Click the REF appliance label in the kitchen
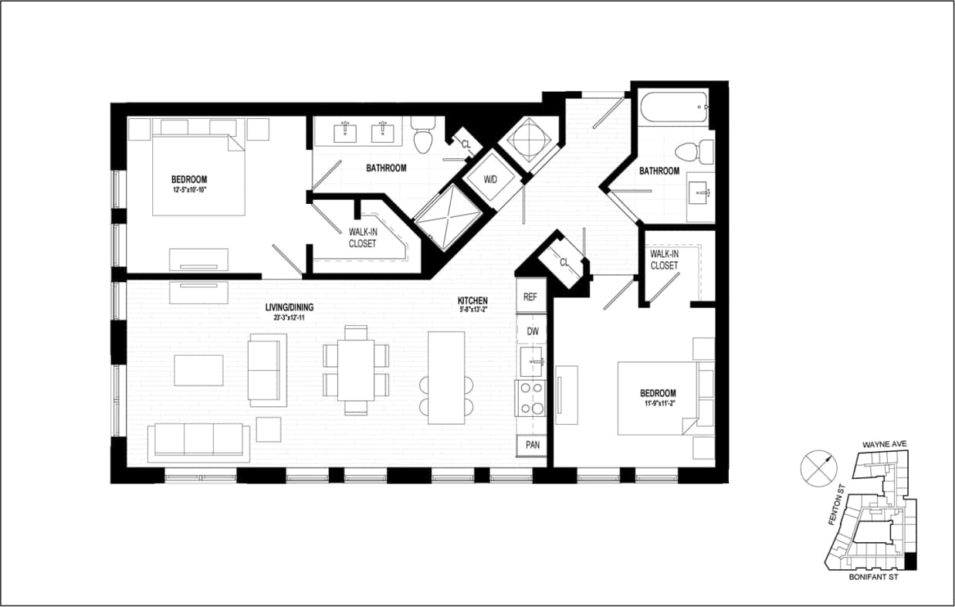(530, 297)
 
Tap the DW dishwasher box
(531, 331)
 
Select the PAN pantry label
(531, 445)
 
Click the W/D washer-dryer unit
(491, 180)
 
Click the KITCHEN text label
(472, 300)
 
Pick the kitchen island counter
(446, 377)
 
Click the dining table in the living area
(355, 370)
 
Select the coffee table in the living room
(198, 370)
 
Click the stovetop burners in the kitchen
(531, 398)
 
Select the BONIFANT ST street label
(871, 576)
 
